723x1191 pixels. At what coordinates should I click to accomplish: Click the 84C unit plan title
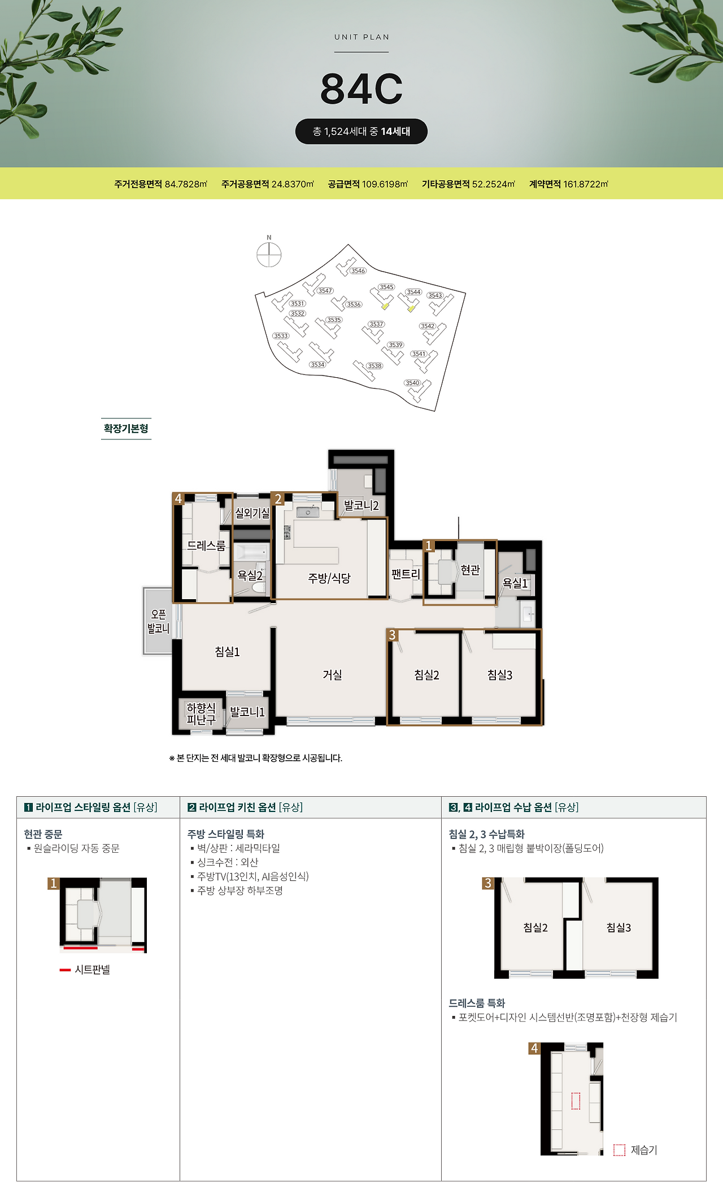pos(361,89)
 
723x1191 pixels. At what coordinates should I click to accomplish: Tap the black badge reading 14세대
pos(361,132)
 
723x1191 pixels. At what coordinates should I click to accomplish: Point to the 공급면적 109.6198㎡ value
pos(368,184)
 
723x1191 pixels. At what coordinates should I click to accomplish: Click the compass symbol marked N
pos(269,254)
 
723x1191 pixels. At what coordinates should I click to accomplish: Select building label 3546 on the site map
pos(358,271)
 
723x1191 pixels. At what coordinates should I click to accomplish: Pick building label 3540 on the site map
pos(413,383)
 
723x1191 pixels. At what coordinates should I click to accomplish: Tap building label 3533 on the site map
pos(281,336)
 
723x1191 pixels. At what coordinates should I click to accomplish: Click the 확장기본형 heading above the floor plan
pos(126,429)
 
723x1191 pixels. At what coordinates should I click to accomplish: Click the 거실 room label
pos(332,675)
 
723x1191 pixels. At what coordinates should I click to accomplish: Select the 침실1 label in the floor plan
pos(227,652)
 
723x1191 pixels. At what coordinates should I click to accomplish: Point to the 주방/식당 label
pos(329,578)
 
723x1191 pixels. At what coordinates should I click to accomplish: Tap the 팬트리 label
pos(406,574)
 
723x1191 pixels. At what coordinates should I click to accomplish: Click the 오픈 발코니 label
pos(158,621)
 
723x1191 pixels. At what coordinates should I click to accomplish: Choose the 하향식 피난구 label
pos(201,714)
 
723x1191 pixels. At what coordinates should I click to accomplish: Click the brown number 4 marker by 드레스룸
pos(178,499)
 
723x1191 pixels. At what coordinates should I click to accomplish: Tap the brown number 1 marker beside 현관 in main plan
pos(429,546)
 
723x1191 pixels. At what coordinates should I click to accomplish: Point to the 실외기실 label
pos(252,513)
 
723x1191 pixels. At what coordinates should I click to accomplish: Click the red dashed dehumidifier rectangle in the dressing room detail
pos(576,1101)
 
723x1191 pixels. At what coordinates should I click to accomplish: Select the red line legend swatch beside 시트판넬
pos(65,970)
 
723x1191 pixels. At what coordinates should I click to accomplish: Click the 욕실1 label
pos(515,583)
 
